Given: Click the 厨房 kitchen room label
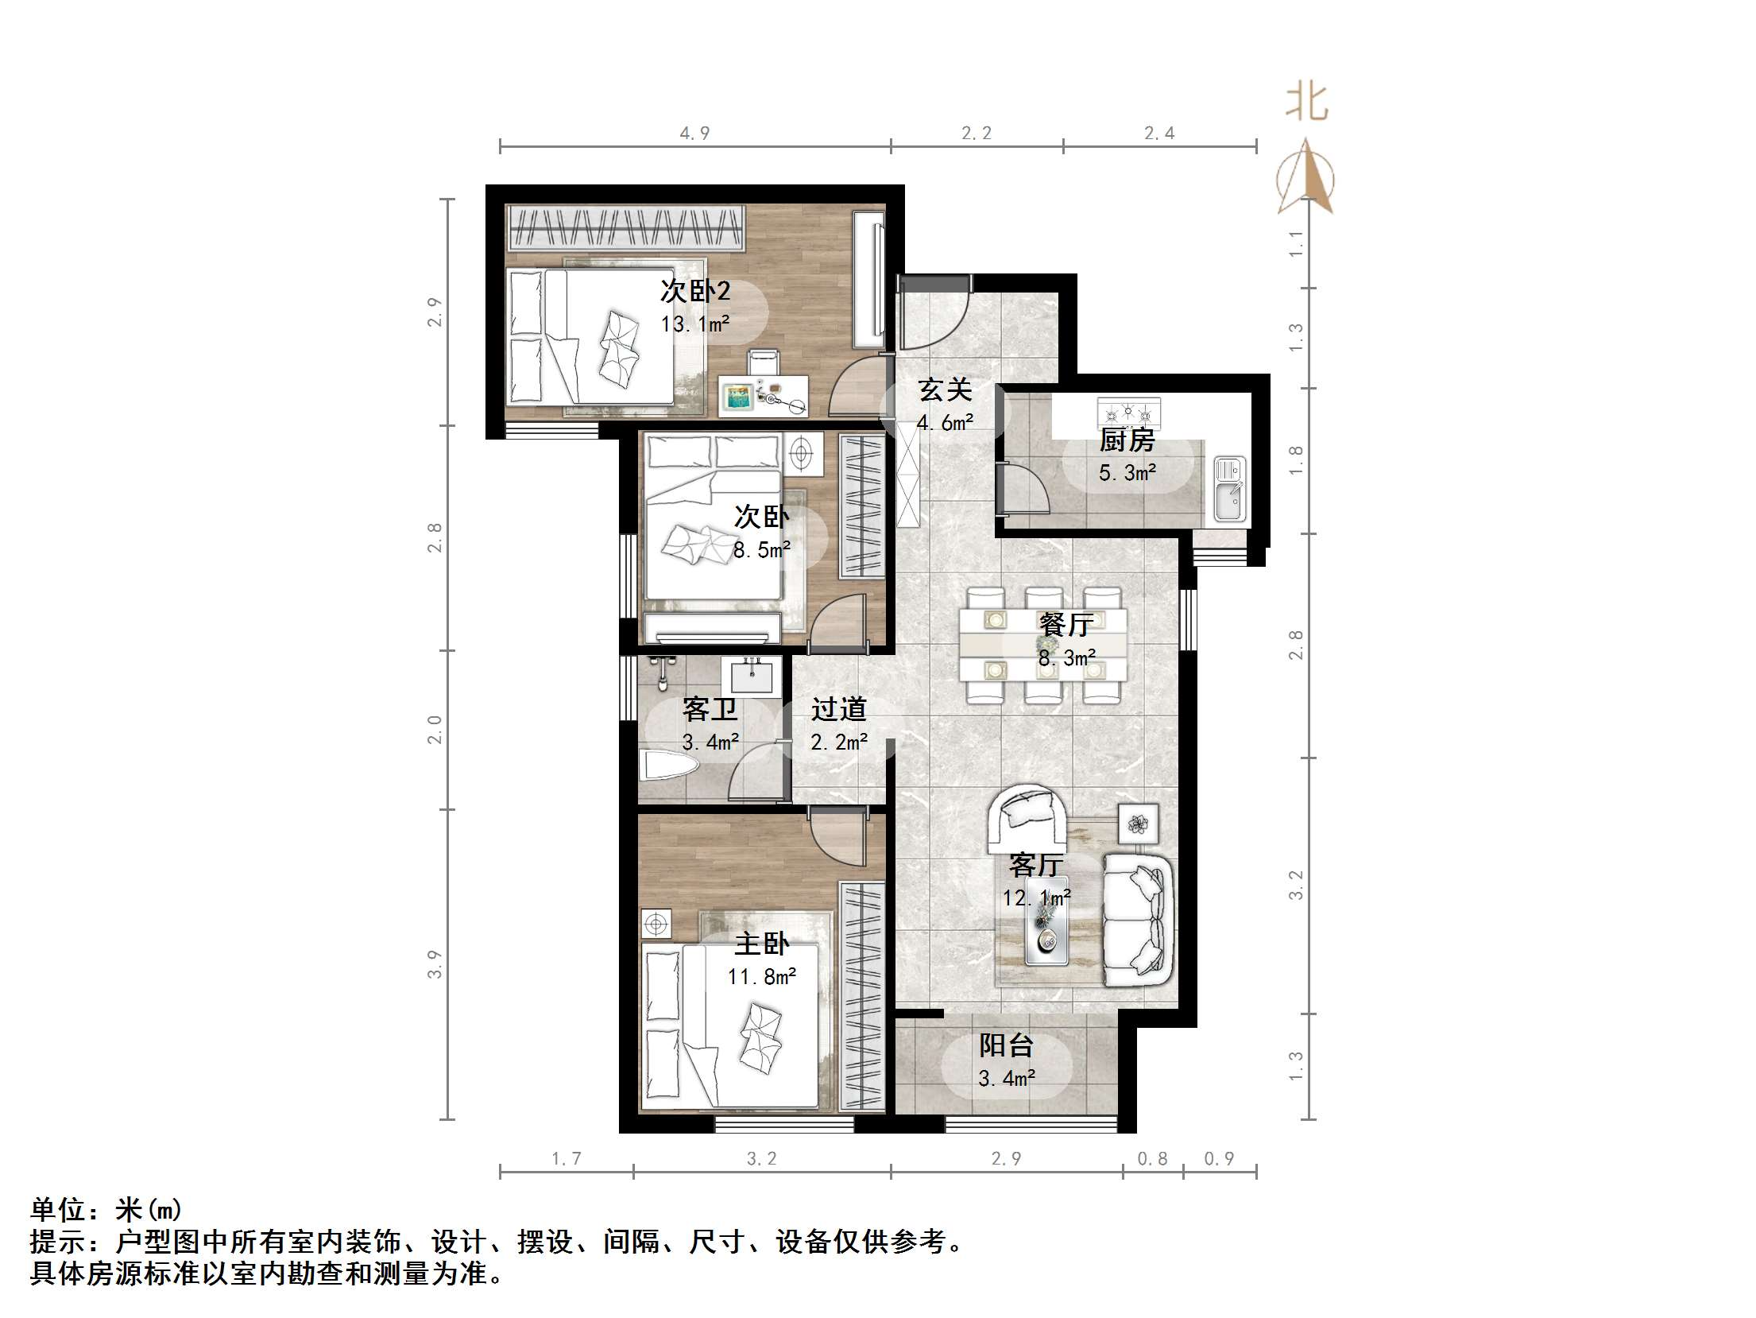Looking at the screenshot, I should pos(1127,440).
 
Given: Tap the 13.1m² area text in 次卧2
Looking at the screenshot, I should pos(695,324).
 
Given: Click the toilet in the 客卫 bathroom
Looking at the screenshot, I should pos(667,766).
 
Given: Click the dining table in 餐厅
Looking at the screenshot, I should pos(1043,644).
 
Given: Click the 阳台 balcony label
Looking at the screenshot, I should pos(1006,1045).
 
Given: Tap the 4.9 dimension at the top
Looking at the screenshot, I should pos(694,134).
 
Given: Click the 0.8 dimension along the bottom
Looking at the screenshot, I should pos(1152,1159).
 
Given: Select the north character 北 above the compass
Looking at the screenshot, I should pos(1307,103).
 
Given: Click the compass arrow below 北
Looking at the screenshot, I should pos(1305,179).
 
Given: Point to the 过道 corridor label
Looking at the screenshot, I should pos(839,709).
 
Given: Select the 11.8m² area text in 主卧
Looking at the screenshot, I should pos(762,977).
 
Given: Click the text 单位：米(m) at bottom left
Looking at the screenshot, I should pos(106,1210).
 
